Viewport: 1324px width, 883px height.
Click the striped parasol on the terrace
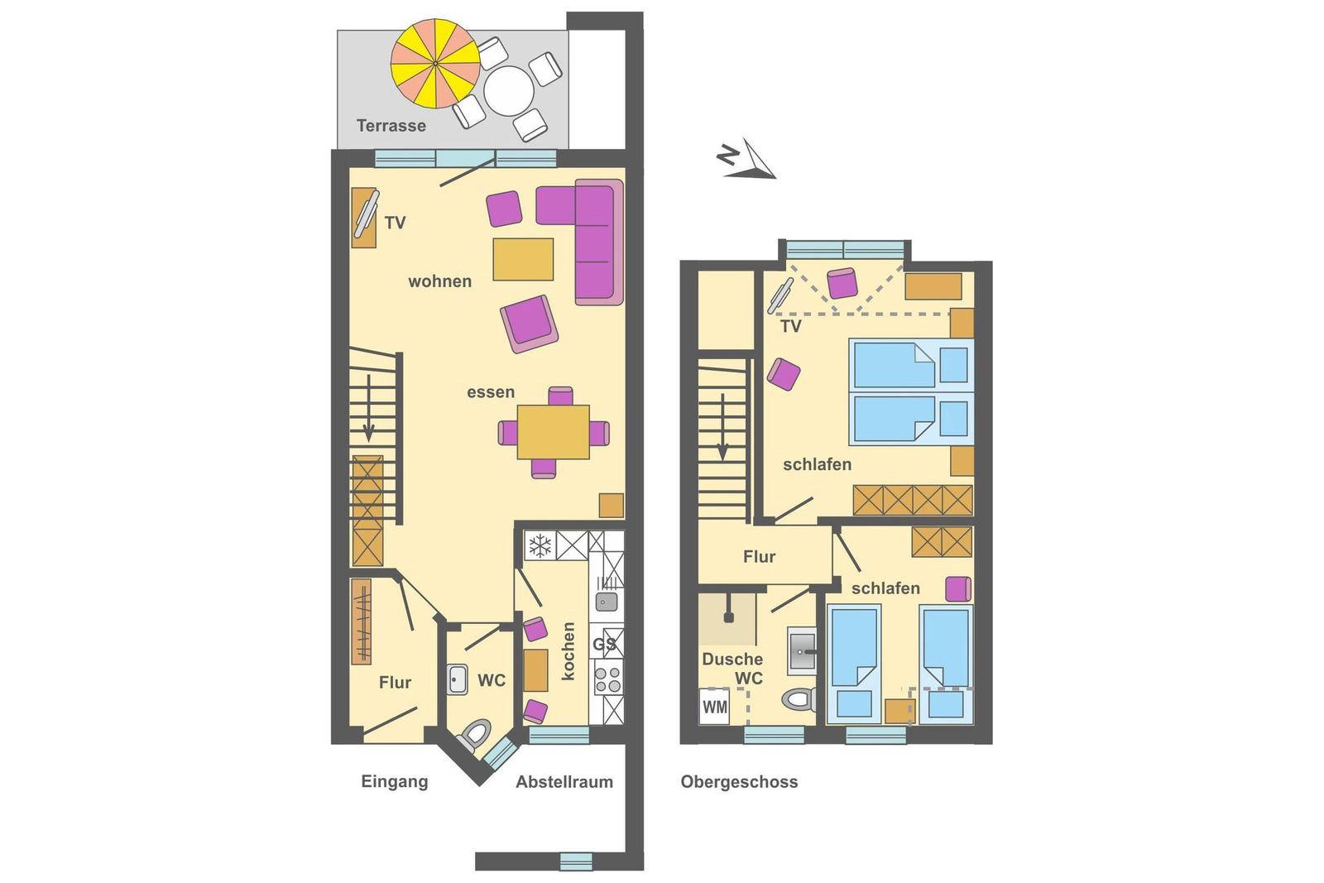click(x=435, y=63)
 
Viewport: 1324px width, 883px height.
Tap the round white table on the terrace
click(x=509, y=91)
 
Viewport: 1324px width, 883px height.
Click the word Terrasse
click(x=391, y=125)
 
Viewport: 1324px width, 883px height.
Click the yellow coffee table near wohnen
click(x=523, y=259)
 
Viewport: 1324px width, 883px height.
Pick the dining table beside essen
click(x=554, y=432)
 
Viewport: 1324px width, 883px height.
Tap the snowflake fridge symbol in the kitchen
click(x=540, y=545)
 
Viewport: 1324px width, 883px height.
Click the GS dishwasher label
click(x=604, y=644)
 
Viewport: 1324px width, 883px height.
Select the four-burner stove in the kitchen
click(x=608, y=679)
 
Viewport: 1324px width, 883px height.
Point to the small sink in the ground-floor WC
click(x=457, y=679)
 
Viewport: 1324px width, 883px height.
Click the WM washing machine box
click(x=714, y=706)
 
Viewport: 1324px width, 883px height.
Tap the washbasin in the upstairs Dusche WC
click(x=802, y=651)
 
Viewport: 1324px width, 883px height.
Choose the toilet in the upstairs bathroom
click(x=799, y=700)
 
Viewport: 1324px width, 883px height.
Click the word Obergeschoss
click(x=739, y=782)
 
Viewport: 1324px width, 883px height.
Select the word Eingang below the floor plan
click(x=394, y=782)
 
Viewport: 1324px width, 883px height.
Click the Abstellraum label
click(x=564, y=782)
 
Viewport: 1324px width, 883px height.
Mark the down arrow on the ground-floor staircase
click(x=368, y=408)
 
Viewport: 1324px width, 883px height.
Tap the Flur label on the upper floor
click(x=759, y=557)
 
